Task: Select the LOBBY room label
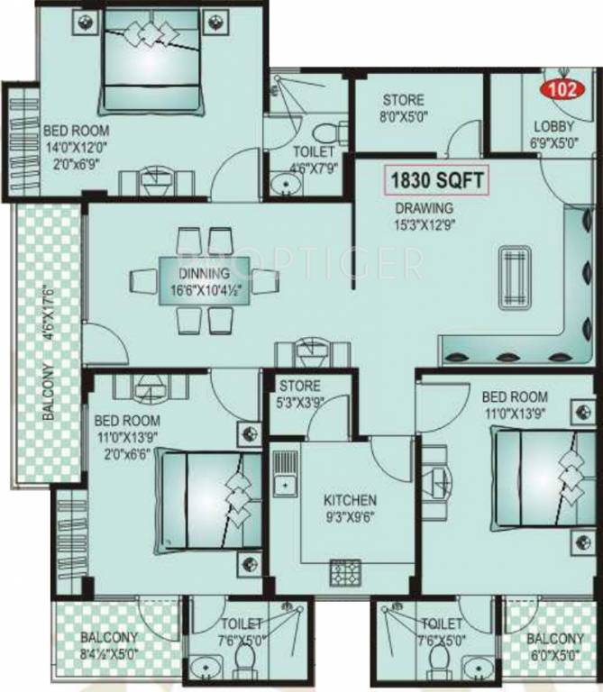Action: [552, 126]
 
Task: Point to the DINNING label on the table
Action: [204, 273]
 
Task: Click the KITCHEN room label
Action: [351, 500]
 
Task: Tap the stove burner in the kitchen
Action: [343, 570]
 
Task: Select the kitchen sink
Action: [286, 474]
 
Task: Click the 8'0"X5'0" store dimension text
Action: [403, 115]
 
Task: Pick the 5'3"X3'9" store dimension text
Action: [300, 403]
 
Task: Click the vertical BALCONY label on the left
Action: [48, 393]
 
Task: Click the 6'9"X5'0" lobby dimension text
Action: [552, 142]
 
